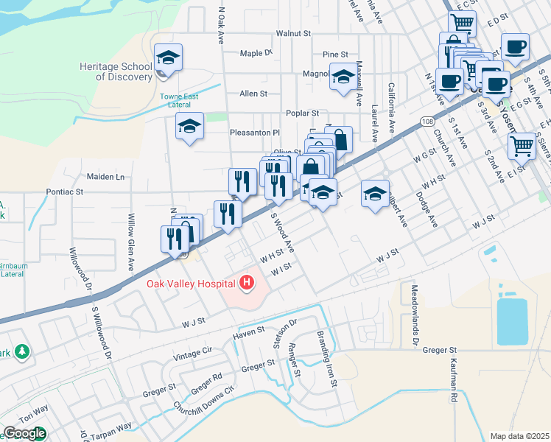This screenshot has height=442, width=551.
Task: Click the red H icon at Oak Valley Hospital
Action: coord(248,282)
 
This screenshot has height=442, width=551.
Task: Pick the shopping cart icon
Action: coord(522,145)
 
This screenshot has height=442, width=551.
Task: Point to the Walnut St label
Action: coord(294,34)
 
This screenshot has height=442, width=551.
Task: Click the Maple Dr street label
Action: coord(256,53)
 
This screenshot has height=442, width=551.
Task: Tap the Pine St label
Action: coord(335,55)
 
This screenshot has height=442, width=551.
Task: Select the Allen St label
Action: coord(253,94)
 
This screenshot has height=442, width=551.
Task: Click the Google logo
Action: coord(24,433)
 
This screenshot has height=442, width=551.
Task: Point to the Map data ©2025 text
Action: coord(519,436)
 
